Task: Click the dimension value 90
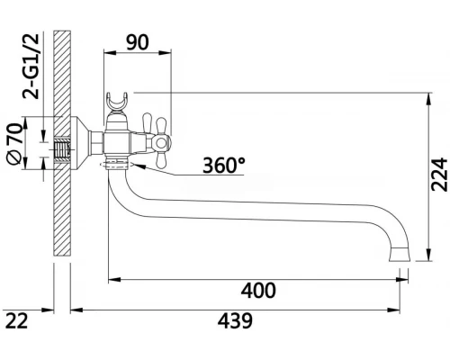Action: tap(137, 42)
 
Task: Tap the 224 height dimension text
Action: tap(439, 175)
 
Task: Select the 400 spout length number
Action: tap(258, 291)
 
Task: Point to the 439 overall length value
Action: tap(235, 320)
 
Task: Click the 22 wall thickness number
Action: tap(17, 320)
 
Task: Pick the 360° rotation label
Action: tap(224, 166)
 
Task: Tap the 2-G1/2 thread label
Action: tap(31, 66)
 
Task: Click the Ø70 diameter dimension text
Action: tap(15, 144)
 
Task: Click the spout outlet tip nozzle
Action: tap(400, 255)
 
